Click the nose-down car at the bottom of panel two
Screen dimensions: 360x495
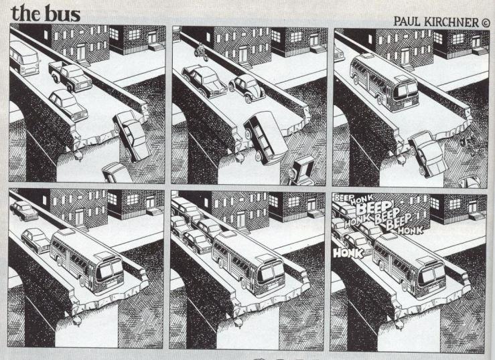(302, 171)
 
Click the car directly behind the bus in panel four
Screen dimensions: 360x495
(36, 239)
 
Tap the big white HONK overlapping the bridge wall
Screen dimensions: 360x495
(348, 253)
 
